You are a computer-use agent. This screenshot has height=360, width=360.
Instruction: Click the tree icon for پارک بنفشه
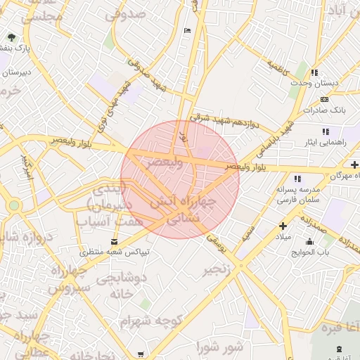(12, 37)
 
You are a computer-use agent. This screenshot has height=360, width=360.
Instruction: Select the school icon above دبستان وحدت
(314, 72)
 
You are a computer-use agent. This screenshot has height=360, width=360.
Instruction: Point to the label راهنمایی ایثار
(324, 142)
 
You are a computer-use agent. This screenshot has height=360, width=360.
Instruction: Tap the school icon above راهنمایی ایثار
(325, 131)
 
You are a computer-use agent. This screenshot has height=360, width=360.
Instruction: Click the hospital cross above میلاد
(283, 226)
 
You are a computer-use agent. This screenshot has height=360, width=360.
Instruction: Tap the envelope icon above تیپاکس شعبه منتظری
(114, 241)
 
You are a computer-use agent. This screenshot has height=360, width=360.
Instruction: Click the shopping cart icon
(141, 354)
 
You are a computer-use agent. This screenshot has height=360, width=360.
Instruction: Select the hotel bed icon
(186, 30)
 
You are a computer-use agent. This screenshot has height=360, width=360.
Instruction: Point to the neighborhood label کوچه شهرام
(150, 321)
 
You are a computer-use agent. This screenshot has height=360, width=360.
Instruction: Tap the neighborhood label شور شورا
(219, 346)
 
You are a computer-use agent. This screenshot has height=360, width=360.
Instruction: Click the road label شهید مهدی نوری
(113, 103)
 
